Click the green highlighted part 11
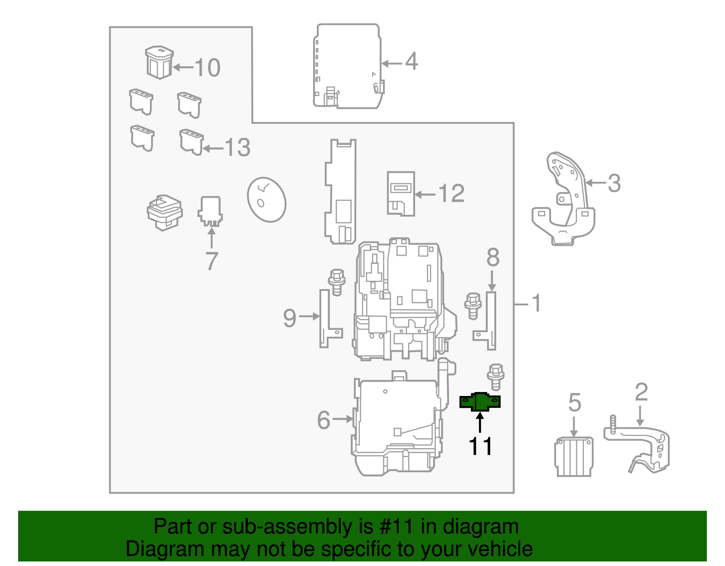coord(480,402)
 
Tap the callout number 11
coord(480,447)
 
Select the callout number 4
coord(411,61)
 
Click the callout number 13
coord(237,148)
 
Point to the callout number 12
coord(451,194)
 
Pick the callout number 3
coord(614,184)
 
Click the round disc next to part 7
coord(266,199)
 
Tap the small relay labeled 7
coord(210,211)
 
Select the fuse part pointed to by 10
coord(159,62)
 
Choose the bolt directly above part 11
coord(495,376)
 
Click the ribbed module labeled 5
coord(574,456)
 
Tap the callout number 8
coord(493,257)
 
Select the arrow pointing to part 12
coord(425,194)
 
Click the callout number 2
coord(641,392)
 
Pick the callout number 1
coord(536,303)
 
